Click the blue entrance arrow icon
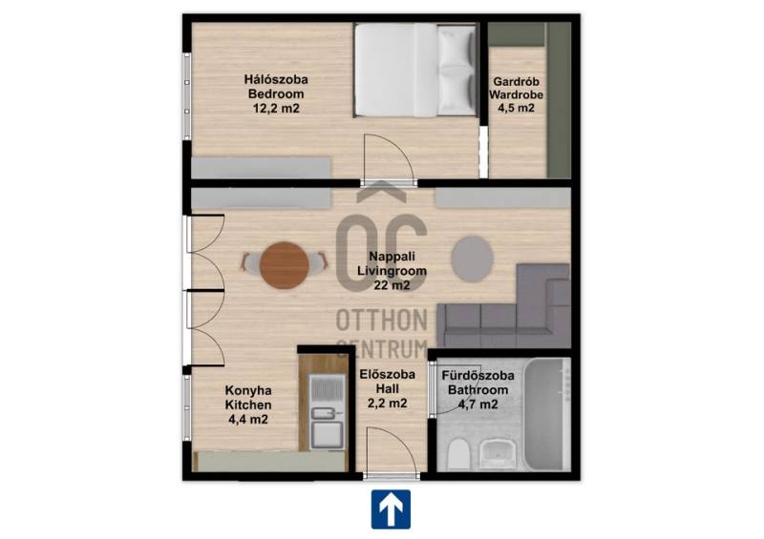(x=391, y=509)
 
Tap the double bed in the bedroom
(x=415, y=70)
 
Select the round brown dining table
(x=284, y=265)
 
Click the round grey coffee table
(x=472, y=259)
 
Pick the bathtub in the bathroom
(x=547, y=414)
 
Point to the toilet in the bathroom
(x=457, y=454)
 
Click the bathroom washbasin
(x=498, y=454)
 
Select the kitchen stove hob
(x=327, y=389)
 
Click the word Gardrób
(x=516, y=82)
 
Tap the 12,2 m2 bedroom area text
(x=276, y=108)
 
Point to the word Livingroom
(x=392, y=271)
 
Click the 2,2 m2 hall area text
(x=388, y=404)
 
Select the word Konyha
(x=248, y=390)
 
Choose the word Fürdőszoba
(x=478, y=376)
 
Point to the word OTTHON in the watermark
(x=381, y=320)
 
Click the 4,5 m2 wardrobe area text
(x=516, y=108)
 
